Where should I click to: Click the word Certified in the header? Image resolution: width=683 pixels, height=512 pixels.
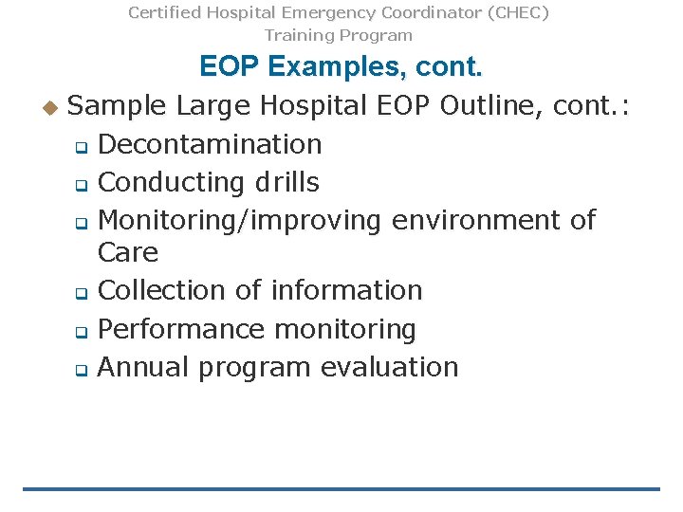click(x=163, y=13)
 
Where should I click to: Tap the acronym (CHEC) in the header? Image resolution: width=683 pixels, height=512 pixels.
click(x=518, y=13)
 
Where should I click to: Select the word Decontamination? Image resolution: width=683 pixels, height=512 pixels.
click(x=210, y=144)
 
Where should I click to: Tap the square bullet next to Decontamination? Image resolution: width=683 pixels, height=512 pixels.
click(x=81, y=147)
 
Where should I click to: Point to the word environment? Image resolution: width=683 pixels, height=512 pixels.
click(x=480, y=220)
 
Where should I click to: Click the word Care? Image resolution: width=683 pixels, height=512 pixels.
click(x=128, y=253)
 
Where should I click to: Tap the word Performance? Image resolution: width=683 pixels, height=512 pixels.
click(x=181, y=329)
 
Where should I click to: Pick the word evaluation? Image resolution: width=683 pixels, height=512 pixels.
click(x=389, y=367)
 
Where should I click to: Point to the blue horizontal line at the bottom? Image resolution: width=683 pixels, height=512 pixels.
click(x=341, y=489)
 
